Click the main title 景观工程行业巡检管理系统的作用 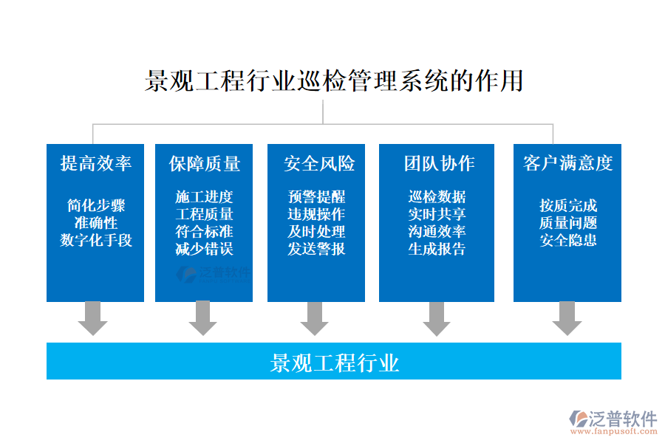(334, 80)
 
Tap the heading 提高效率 (95, 163)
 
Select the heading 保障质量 (204, 163)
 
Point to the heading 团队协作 (439, 163)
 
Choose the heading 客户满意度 (567, 163)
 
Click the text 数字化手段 (95, 240)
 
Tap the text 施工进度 (204, 197)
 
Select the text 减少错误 (204, 249)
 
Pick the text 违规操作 (316, 214)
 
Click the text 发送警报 (316, 249)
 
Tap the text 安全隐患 (567, 240)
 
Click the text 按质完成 (567, 205)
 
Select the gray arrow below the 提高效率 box (93, 318)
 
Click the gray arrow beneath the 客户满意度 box (567, 318)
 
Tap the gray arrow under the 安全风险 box (315, 318)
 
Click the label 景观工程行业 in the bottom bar (334, 363)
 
